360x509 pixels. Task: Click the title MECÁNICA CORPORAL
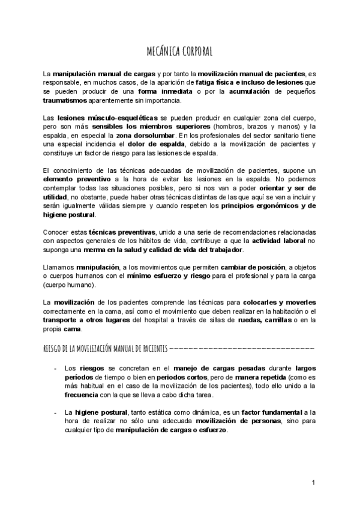point(179,50)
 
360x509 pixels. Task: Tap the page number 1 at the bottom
point(313,483)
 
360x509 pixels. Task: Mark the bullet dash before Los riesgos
point(55,368)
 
